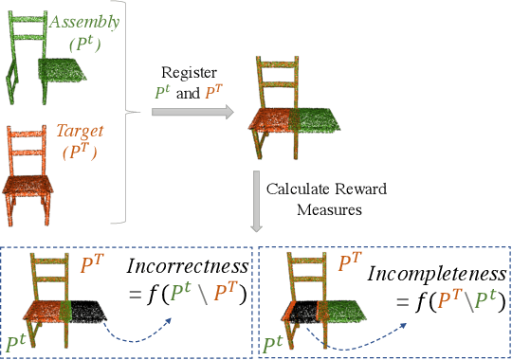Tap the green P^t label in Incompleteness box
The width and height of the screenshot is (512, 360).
click(x=276, y=343)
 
